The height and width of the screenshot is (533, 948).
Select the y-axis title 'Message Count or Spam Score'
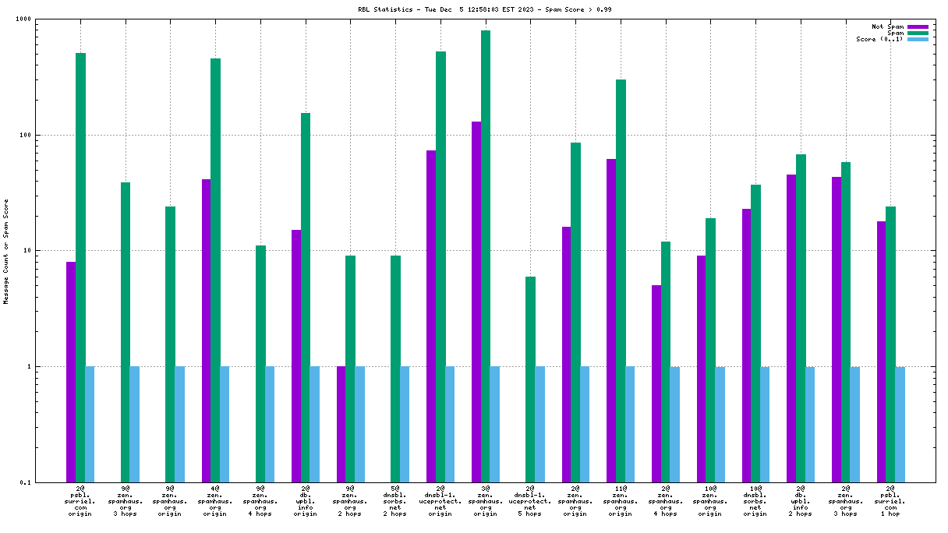pyautogui.click(x=6, y=251)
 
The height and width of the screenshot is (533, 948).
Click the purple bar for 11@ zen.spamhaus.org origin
pyautogui.click(x=611, y=320)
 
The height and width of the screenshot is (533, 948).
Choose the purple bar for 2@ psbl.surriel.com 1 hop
pyautogui.click(x=882, y=351)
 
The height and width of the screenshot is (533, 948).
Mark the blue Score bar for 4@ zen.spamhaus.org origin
pyautogui.click(x=225, y=424)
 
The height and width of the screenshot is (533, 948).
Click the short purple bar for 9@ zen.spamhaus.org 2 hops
pyautogui.click(x=341, y=424)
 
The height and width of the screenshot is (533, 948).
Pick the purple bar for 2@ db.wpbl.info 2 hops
pyautogui.click(x=791, y=328)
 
